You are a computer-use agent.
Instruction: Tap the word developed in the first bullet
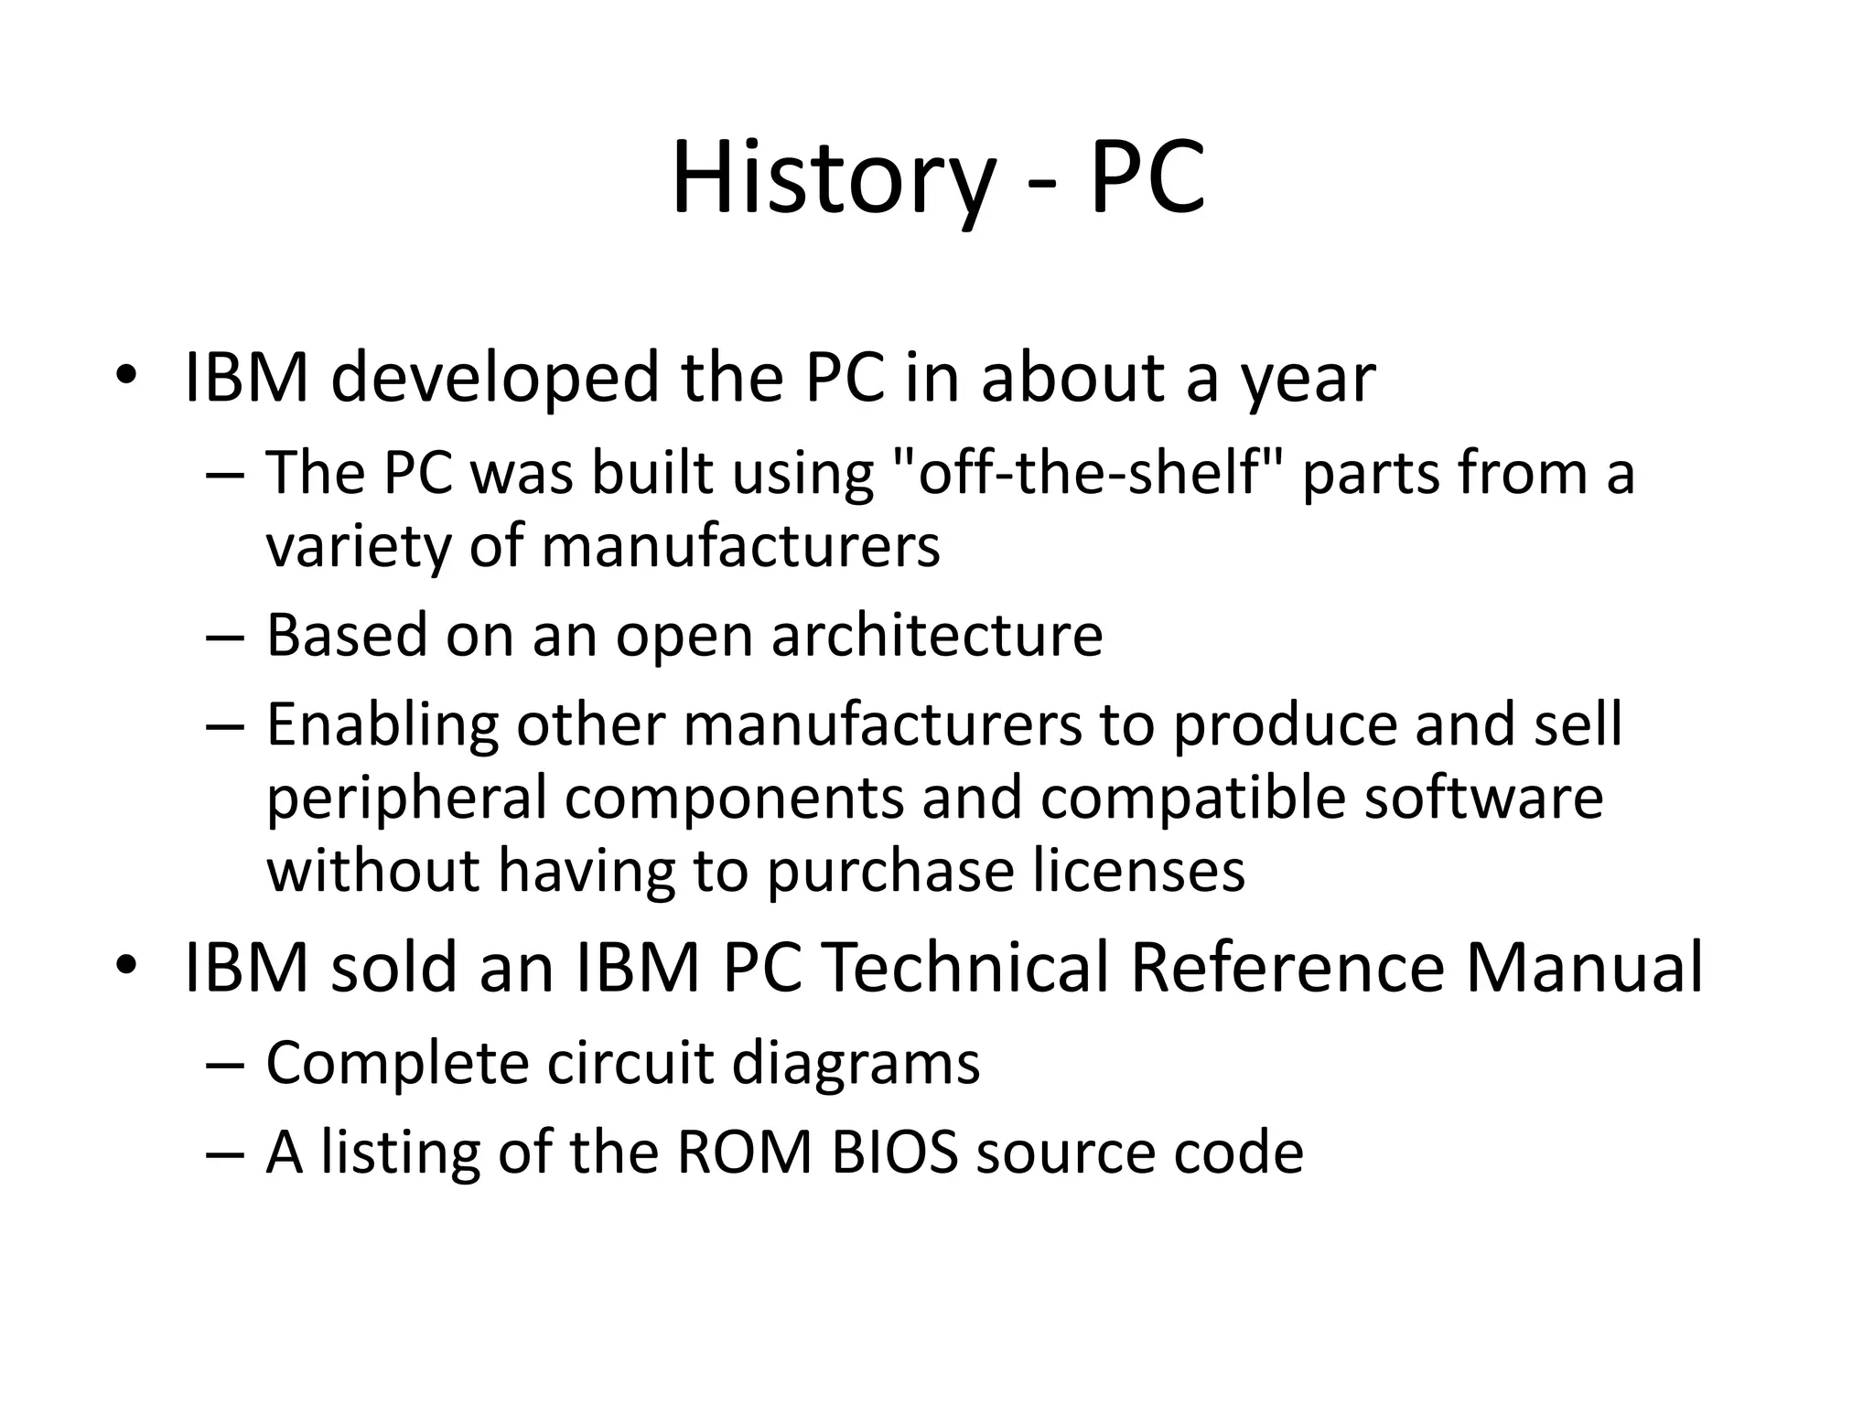click(493, 378)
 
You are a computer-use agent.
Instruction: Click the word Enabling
click(382, 725)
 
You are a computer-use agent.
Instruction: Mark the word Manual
click(1584, 967)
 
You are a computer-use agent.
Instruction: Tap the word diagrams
click(856, 1064)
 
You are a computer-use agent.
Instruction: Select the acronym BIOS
click(895, 1152)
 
